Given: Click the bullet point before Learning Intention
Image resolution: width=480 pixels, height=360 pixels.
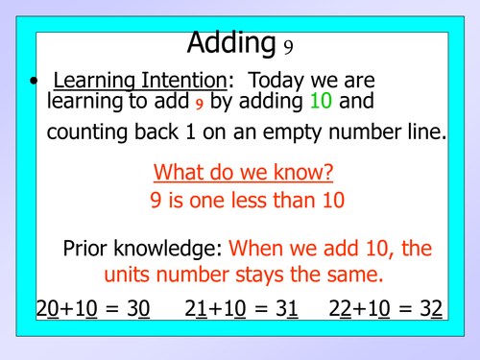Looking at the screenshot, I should point(35,83).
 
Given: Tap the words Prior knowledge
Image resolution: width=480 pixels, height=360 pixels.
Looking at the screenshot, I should point(142,249).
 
